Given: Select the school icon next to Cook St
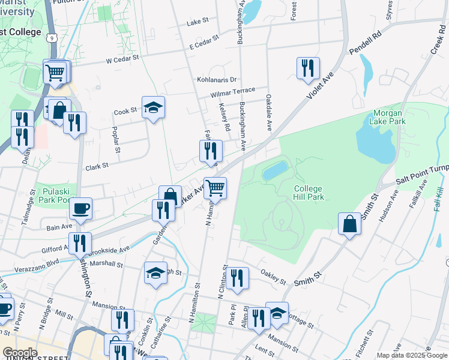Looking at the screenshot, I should point(153,107).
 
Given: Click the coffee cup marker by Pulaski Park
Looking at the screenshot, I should point(80,208).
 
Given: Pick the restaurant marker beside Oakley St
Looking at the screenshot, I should point(238,277).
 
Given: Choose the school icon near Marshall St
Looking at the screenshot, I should point(155,273).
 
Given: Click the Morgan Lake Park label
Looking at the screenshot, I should point(390,117).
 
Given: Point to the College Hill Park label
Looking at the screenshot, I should point(309,193).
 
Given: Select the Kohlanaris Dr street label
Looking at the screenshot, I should point(217,79).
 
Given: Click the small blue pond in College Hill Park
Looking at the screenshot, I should point(276,170).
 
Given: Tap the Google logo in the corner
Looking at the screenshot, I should point(20,353).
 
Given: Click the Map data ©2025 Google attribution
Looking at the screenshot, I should point(411,355).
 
